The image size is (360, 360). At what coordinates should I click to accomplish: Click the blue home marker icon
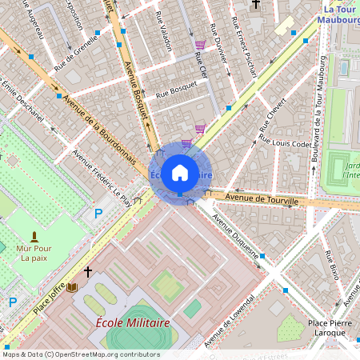[180, 173]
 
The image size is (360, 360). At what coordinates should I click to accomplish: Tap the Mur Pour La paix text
[34, 253]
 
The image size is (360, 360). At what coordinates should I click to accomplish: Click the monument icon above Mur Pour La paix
[34, 237]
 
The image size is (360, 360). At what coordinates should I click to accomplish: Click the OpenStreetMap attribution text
[80, 354]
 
